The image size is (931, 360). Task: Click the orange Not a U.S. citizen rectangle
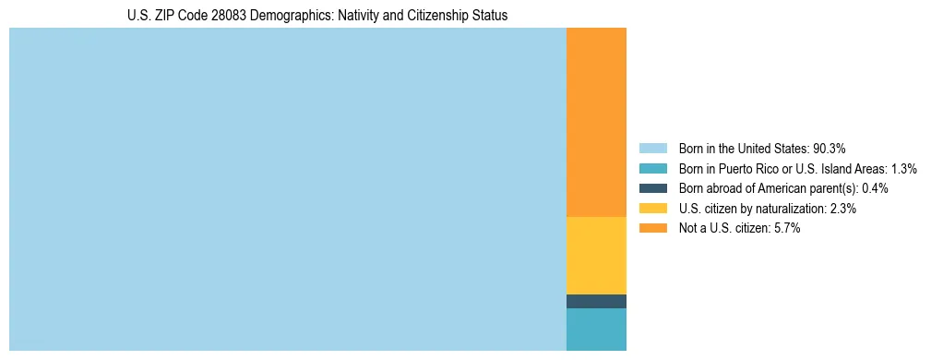click(596, 122)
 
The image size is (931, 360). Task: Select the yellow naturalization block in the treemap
click(596, 255)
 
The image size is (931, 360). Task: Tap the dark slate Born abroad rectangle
click(596, 301)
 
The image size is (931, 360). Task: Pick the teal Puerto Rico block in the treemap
click(596, 330)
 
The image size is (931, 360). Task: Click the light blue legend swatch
click(652, 149)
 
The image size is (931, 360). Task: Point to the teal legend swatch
click(652, 169)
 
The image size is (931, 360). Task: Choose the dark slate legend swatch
click(652, 188)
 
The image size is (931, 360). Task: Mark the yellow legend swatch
click(652, 209)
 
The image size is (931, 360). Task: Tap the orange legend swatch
click(652, 228)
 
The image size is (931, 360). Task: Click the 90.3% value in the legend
click(830, 149)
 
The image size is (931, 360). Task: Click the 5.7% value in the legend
click(787, 228)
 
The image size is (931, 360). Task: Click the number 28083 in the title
click(218, 16)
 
